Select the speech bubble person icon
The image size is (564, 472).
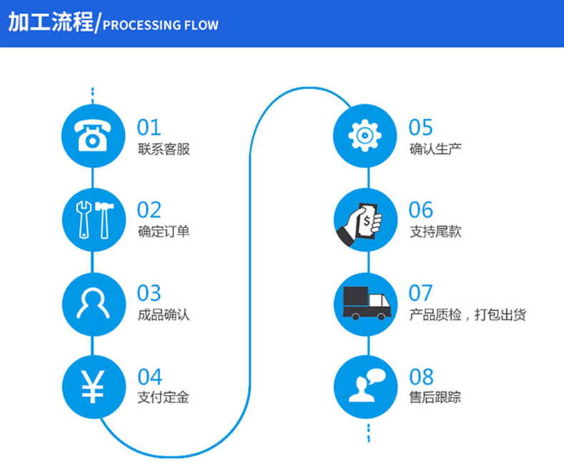(364, 384)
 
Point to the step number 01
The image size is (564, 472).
(149, 128)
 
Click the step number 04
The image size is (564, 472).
(150, 376)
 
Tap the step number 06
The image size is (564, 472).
(421, 210)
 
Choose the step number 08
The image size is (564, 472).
(421, 376)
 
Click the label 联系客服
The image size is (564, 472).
(163, 150)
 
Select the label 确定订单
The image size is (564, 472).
(163, 232)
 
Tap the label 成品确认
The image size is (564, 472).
(163, 314)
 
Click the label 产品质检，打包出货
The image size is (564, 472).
(468, 314)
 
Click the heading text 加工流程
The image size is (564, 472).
(50, 23)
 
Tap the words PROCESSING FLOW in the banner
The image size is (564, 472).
(161, 26)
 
